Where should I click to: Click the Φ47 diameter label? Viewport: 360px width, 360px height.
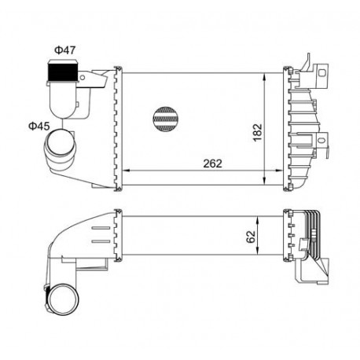point(65,50)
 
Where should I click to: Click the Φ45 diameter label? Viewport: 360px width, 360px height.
point(39,127)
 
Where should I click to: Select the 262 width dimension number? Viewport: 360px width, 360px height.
point(213,163)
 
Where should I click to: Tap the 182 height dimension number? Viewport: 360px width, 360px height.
point(258,132)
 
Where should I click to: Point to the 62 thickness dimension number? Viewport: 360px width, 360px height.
point(252,237)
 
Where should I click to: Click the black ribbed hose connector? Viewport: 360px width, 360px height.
point(62,72)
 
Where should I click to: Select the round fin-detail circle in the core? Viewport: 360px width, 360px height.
point(165,119)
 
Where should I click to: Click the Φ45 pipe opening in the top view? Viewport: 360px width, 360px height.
point(61,143)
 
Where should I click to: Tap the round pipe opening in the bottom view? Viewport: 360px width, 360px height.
point(64,299)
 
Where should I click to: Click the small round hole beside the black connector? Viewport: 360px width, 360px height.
point(83,77)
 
